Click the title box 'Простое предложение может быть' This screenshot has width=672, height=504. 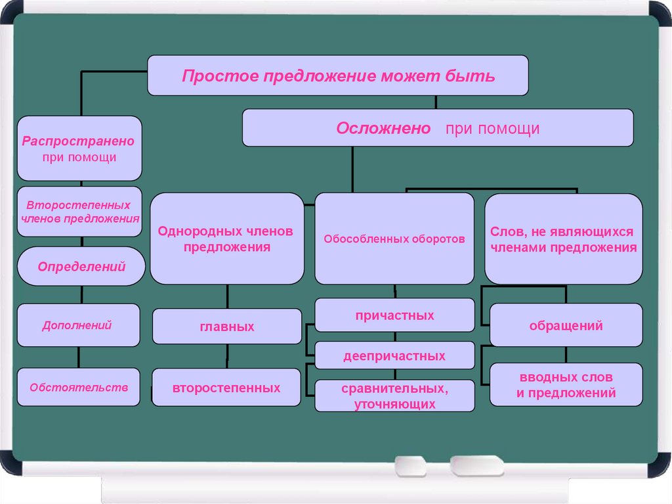338,76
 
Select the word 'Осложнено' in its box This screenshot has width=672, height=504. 383,128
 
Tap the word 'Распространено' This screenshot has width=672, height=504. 78,141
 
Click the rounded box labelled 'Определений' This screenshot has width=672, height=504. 81,266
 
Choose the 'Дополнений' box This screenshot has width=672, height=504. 78,325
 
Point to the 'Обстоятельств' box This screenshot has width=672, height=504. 78,387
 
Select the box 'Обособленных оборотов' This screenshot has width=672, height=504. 394,239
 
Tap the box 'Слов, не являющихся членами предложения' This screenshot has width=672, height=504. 563,239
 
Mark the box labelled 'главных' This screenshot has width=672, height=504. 227,327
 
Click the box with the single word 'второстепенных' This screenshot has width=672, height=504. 227,388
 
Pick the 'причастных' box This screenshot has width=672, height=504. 394,315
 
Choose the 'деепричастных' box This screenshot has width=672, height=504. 394,356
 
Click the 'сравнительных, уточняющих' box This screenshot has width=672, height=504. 394,396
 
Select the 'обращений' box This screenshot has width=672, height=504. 566,325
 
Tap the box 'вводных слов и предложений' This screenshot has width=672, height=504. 566,385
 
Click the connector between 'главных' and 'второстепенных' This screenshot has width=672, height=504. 227,356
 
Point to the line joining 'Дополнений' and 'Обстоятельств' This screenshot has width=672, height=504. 79,357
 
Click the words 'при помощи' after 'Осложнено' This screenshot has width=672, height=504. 492,129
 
